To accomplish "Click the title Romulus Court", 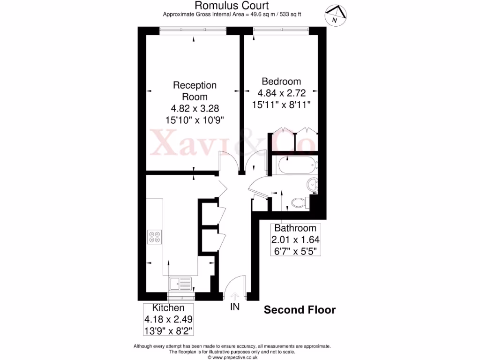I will [x=232, y=6].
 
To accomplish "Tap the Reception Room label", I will [x=195, y=91].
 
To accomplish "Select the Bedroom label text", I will [x=281, y=81].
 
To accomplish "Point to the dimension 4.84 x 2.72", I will [x=281, y=93].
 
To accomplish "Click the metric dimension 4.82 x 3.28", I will [x=195, y=108].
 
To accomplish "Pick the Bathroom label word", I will [x=295, y=228].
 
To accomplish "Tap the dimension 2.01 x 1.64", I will [x=295, y=240].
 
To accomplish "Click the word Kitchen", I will [x=168, y=308].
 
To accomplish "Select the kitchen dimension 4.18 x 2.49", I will [x=168, y=319].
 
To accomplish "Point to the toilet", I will [x=298, y=203].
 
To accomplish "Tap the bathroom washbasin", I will [x=313, y=184].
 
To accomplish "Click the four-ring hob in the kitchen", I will [x=155, y=237].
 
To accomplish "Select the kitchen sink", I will [x=180, y=284].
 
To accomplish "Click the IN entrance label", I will [x=234, y=307].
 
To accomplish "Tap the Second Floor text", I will [x=300, y=310].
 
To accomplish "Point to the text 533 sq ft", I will [x=288, y=15].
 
